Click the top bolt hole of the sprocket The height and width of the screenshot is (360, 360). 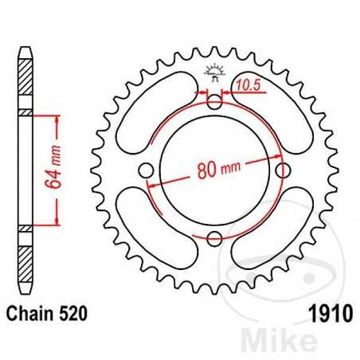coord(213,101)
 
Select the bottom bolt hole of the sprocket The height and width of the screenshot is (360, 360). coord(213,237)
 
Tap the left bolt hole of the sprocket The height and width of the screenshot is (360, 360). coord(145,170)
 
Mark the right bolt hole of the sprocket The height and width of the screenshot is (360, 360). coord(280,170)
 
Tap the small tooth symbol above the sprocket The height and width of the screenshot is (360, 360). coord(213,69)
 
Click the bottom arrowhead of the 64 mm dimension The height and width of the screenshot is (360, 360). coord(57,221)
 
